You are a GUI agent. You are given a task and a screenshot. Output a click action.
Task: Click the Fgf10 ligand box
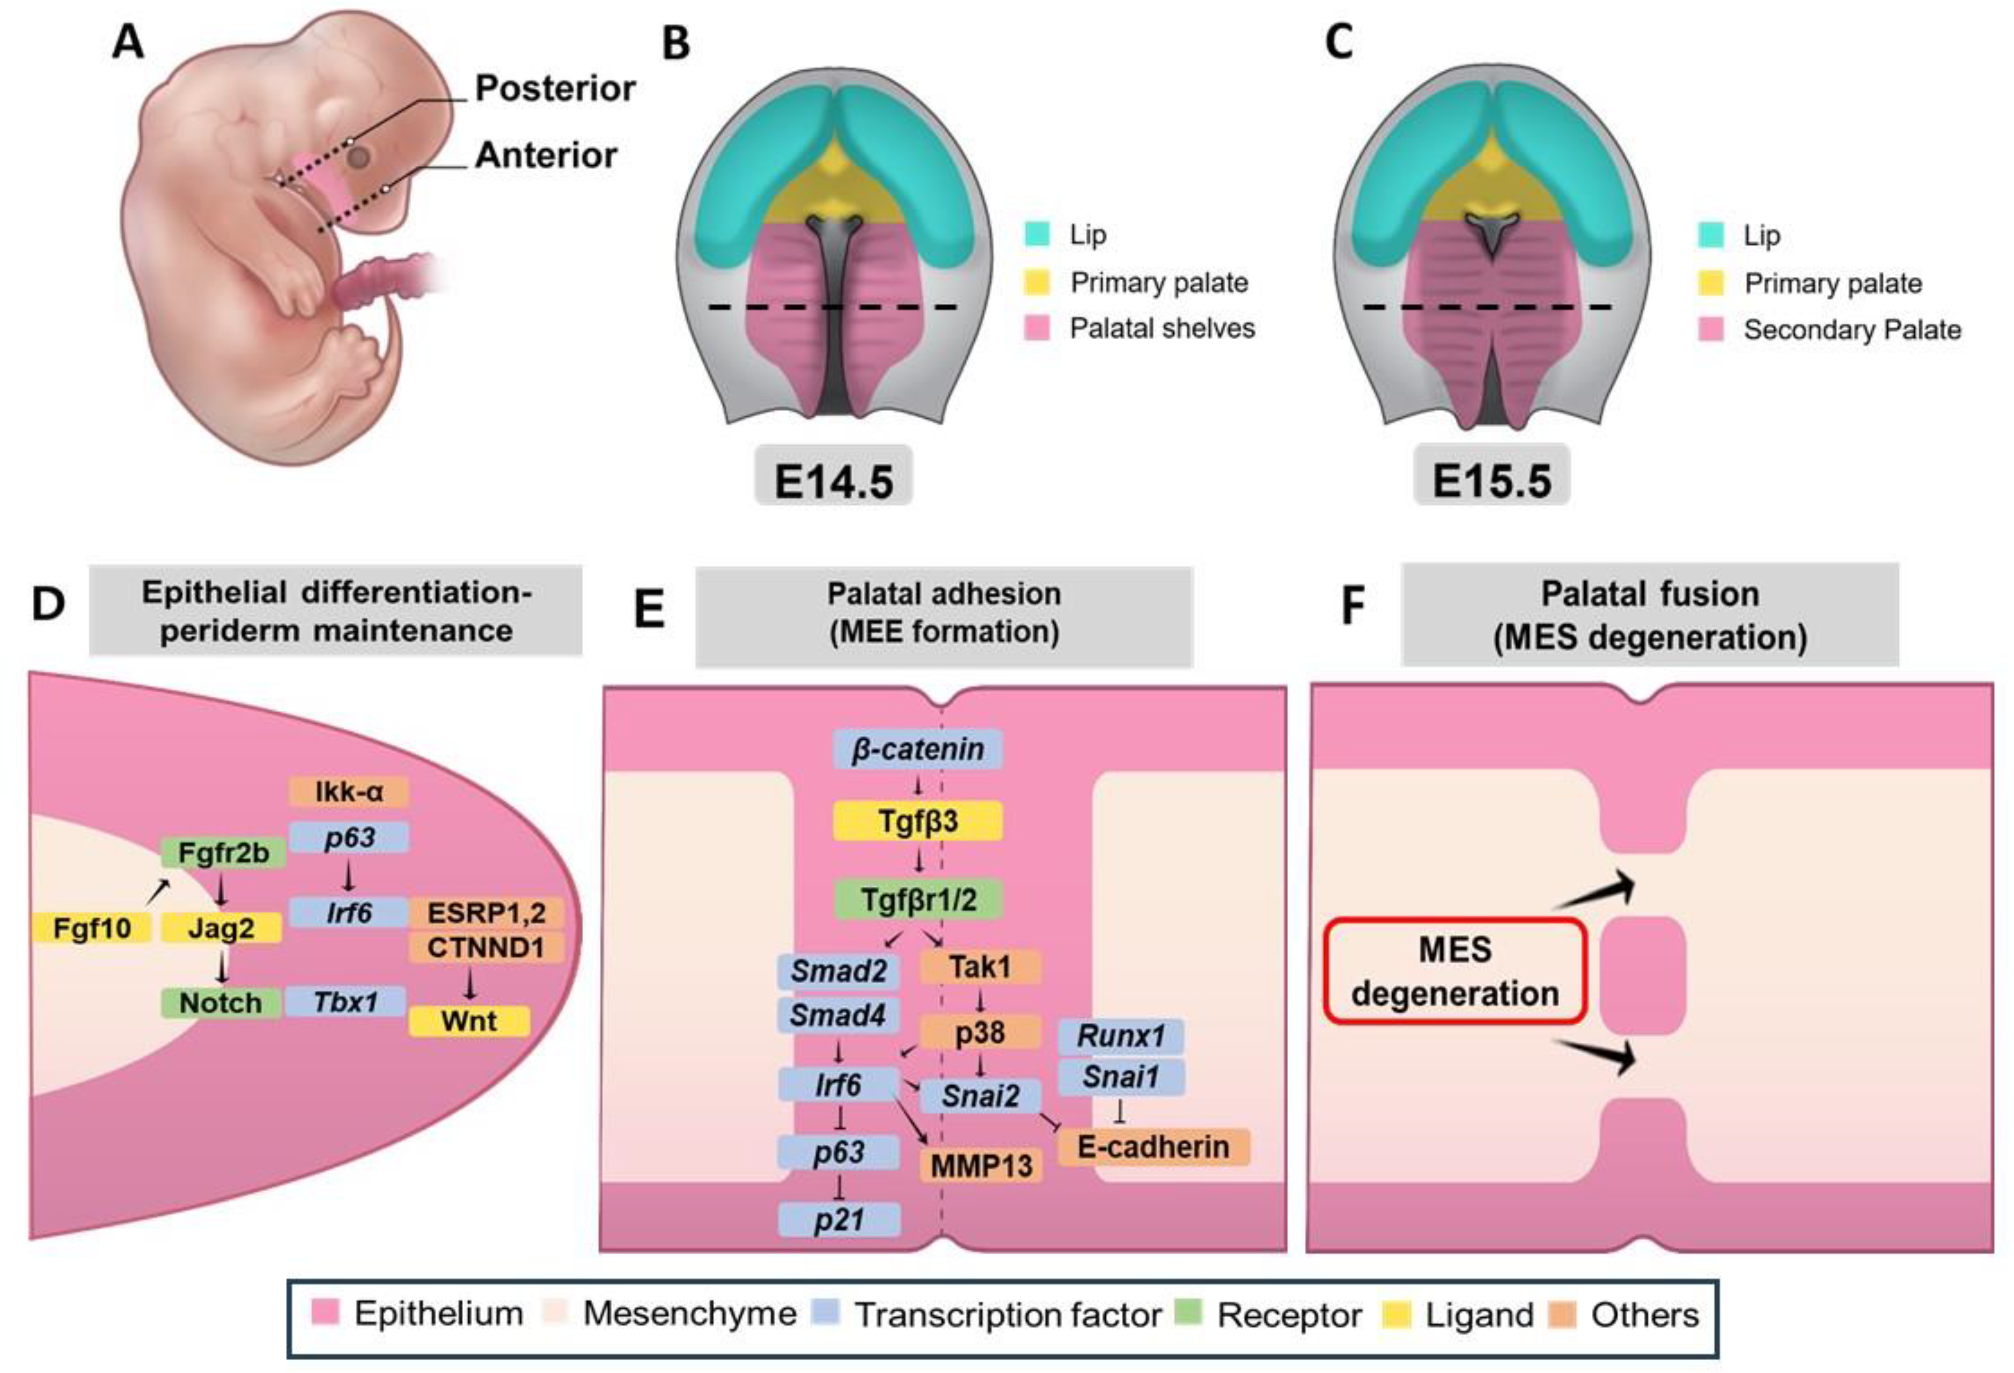92,929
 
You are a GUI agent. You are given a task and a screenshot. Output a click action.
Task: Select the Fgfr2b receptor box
223,853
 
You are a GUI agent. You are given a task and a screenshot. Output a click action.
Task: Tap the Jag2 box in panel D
222,929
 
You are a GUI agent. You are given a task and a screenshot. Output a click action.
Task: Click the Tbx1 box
346,1002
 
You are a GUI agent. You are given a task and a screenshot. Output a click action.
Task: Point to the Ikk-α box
348,791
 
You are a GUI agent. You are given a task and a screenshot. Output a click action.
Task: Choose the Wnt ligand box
469,1020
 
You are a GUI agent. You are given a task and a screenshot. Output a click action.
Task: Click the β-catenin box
918,749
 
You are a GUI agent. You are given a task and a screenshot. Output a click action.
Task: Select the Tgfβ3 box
918,821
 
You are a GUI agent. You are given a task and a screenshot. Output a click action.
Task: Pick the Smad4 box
838,1014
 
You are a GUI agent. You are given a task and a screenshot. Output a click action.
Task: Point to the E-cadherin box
1152,1147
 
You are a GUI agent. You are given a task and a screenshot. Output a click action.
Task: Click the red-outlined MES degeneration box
1455,971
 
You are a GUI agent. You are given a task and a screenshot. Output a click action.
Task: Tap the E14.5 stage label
833,481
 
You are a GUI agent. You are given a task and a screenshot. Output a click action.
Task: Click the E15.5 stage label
1491,481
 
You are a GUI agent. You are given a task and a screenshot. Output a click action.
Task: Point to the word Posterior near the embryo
555,89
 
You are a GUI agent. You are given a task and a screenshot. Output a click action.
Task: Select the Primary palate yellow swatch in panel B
1037,282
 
